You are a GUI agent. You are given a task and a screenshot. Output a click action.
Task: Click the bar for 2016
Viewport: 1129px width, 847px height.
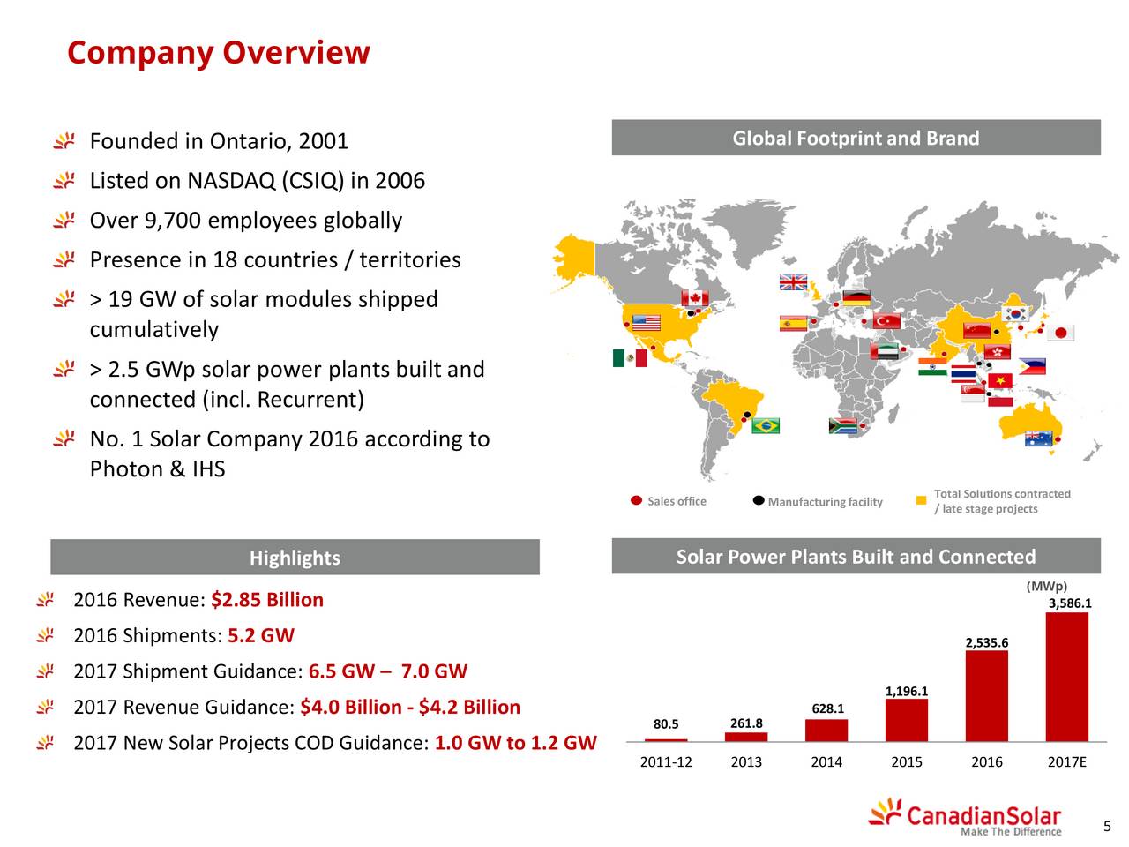(986, 696)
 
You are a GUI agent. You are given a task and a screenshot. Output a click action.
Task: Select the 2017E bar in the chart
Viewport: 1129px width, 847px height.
(1066, 677)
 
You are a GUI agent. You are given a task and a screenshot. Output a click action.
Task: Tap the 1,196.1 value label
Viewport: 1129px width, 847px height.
(906, 691)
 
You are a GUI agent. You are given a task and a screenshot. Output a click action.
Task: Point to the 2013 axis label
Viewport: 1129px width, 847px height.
(746, 761)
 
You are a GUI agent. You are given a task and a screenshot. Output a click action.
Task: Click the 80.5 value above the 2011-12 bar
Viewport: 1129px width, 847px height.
(666, 723)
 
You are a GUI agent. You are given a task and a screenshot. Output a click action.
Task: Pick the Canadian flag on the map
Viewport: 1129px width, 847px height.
(694, 298)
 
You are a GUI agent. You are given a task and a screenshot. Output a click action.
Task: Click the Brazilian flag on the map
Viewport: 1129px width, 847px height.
(765, 425)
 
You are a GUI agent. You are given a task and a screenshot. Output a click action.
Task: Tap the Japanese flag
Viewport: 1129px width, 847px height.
(1060, 333)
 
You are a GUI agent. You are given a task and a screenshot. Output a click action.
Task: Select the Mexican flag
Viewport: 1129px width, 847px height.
(630, 358)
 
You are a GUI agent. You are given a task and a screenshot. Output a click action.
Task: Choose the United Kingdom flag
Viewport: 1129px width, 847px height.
(793, 282)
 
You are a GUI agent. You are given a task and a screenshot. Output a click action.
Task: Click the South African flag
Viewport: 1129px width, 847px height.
(842, 426)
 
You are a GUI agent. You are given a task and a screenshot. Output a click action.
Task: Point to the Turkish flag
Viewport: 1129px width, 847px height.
(886, 321)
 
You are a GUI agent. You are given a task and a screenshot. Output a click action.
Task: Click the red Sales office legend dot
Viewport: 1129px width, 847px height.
(636, 500)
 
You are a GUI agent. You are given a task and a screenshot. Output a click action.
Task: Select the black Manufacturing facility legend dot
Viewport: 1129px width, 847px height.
(758, 500)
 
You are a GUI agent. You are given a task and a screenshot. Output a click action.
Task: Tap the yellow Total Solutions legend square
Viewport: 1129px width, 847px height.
(921, 500)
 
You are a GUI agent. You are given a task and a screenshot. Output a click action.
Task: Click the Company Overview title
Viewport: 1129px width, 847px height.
(219, 54)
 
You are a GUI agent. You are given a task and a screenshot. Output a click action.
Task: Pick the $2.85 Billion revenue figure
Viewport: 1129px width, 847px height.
(267, 600)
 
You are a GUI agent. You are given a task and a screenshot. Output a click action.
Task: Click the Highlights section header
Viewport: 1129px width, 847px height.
(295, 558)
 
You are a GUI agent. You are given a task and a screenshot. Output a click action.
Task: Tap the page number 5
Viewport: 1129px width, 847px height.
(1107, 826)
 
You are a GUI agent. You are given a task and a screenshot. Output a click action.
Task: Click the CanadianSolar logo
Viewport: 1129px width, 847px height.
(964, 817)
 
